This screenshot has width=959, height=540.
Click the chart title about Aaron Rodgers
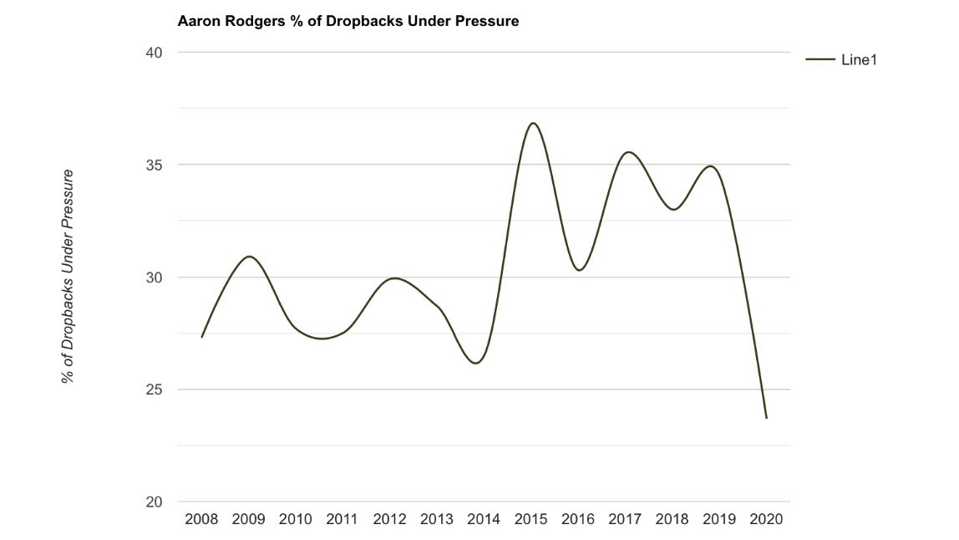(x=348, y=22)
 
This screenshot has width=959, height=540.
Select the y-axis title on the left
(x=68, y=276)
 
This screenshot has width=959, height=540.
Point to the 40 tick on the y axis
(x=155, y=53)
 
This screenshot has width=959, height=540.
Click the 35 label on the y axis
(x=155, y=165)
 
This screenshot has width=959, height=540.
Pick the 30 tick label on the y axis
(x=155, y=278)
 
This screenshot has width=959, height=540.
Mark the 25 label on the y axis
(x=155, y=390)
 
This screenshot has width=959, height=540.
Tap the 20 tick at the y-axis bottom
(x=155, y=502)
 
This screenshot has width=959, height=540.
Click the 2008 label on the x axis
(x=201, y=519)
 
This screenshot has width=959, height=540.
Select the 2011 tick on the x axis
(x=342, y=519)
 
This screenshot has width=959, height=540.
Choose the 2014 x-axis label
(x=484, y=519)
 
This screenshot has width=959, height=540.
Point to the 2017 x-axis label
(x=625, y=519)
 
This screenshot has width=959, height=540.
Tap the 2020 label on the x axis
(x=766, y=519)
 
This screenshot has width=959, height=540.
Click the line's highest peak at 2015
(x=532, y=123)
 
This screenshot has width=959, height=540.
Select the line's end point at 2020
(x=766, y=418)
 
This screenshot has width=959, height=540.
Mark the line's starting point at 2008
(x=201, y=337)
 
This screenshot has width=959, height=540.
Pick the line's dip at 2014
(x=475, y=363)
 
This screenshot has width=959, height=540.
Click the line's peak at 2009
(x=249, y=257)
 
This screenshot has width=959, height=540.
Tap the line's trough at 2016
(x=580, y=270)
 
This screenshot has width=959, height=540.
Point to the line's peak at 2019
(x=710, y=166)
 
